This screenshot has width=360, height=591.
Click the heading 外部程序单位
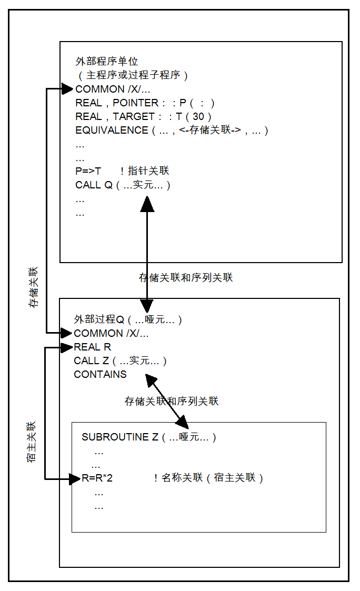coord(107,61)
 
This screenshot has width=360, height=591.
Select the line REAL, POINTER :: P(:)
coord(145,103)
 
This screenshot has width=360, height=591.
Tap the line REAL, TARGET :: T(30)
coord(143,116)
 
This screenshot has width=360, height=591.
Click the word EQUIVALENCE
coord(112,130)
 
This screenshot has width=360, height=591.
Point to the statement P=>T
coord(88,171)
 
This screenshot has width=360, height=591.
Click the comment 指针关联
coord(145,171)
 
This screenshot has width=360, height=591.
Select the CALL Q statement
coord(123,185)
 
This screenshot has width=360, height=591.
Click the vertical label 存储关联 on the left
coord(34,287)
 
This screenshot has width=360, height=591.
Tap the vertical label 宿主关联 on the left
coord(31,442)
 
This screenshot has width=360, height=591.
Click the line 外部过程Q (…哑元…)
coord(128,319)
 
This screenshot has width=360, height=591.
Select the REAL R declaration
coord(92,347)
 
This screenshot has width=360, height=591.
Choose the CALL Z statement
coord(120,360)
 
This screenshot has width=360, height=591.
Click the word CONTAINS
coord(101,374)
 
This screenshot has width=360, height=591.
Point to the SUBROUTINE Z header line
coord(149,437)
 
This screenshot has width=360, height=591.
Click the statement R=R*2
coord(97,478)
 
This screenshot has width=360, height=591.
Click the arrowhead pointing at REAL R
coord(67,347)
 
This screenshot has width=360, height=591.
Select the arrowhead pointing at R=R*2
coord(75,479)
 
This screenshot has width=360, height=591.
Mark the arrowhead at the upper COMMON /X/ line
coord(67,89)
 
